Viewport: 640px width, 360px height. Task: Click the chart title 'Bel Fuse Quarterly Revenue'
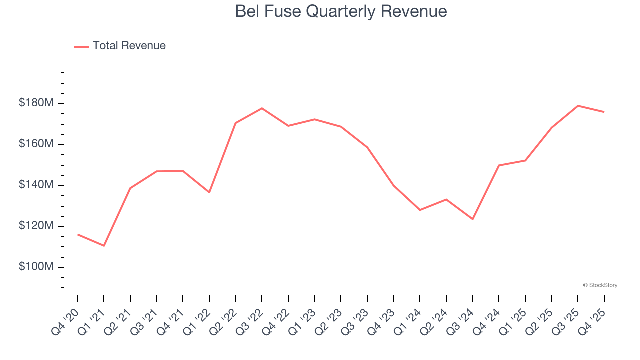341,11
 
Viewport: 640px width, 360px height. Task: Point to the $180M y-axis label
36,103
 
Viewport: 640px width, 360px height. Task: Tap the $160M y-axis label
36,144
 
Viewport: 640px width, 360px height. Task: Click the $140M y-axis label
36,185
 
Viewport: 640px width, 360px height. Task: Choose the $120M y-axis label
36,226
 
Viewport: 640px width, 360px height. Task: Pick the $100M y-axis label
36,267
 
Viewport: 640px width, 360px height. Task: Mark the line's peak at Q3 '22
262,108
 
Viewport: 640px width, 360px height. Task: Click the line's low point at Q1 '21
104,246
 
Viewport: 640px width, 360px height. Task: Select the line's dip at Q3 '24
472,219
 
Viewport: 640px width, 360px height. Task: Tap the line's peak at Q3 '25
578,106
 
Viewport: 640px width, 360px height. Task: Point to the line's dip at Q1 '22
209,192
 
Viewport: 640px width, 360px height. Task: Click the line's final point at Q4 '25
604,112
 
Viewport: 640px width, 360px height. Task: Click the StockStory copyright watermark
600,285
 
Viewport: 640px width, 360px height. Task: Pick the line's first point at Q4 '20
78,234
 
